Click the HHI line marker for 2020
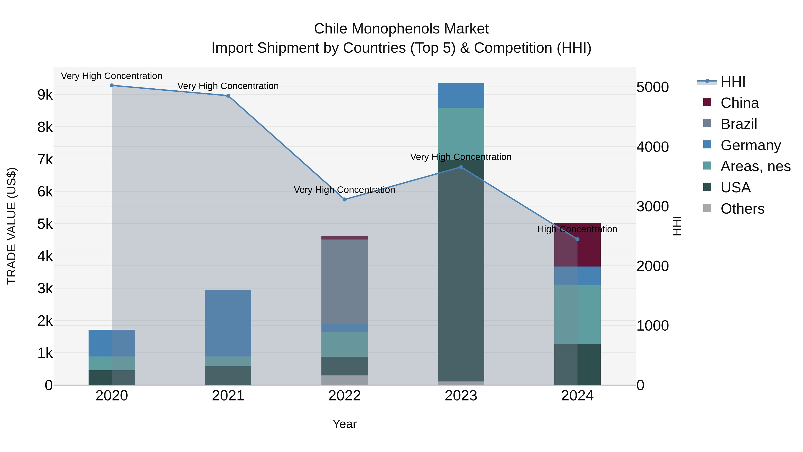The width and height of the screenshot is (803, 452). click(112, 85)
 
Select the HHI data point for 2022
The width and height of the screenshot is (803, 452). click(344, 199)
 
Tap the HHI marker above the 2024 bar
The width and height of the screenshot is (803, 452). click(577, 239)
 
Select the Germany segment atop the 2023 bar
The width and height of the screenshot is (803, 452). click(461, 96)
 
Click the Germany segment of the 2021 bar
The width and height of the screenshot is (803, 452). click(228, 323)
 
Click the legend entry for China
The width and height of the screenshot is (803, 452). click(739, 103)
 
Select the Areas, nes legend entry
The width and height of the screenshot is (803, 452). click(755, 166)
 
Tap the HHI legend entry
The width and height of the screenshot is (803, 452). click(733, 82)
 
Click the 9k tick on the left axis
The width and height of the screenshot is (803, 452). click(45, 94)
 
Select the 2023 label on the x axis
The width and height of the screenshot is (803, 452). click(461, 396)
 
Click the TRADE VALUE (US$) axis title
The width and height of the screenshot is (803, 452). click(12, 226)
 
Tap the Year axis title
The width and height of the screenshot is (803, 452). click(344, 424)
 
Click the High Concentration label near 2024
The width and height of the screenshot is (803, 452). click(577, 229)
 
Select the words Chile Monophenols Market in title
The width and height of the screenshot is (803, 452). click(401, 29)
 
